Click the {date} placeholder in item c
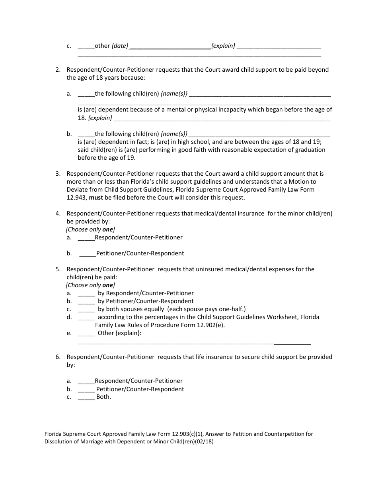tap(120, 46)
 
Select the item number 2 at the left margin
tap(58, 70)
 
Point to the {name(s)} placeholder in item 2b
tap(174, 134)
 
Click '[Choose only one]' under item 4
tap(90, 229)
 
